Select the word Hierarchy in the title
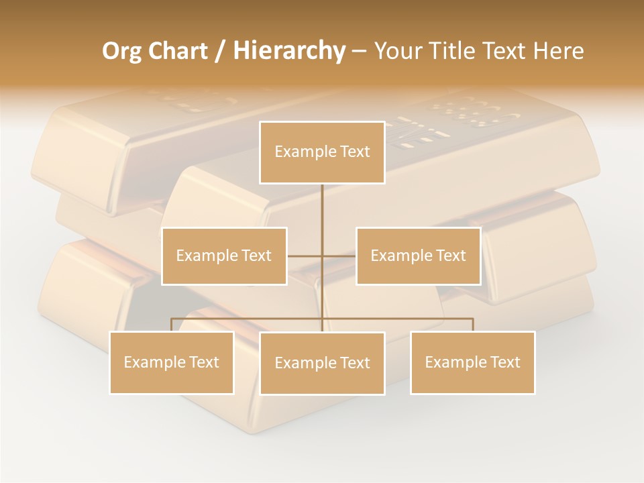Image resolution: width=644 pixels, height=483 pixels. [288, 51]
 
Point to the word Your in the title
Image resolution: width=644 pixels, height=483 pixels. [396, 51]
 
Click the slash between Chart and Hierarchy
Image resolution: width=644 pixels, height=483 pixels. [220, 52]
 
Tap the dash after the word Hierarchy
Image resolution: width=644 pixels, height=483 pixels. [359, 52]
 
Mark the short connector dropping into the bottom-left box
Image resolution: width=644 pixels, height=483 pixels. [172, 325]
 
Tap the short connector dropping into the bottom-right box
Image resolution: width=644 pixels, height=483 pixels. [473, 325]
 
